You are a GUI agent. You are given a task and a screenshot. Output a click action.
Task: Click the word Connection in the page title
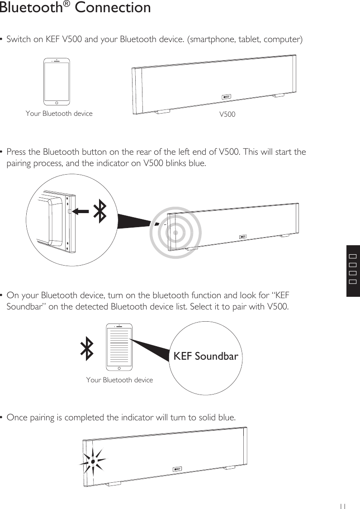(x=113, y=8)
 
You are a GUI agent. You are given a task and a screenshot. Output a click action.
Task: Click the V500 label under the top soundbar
(x=227, y=114)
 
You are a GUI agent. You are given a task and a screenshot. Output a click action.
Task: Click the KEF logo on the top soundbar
(x=226, y=97)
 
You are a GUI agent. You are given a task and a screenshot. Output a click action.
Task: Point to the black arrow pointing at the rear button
(x=81, y=211)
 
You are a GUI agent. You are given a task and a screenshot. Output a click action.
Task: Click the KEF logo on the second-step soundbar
(x=243, y=237)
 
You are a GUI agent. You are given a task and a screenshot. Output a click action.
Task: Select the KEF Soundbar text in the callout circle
(x=206, y=357)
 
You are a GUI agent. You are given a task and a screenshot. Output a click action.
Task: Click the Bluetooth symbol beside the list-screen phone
(x=87, y=348)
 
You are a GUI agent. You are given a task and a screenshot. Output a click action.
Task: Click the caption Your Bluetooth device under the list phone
(x=119, y=380)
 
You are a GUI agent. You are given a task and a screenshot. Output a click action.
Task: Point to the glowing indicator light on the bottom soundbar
(x=92, y=462)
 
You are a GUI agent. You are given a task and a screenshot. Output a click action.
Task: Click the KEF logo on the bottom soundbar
(x=178, y=468)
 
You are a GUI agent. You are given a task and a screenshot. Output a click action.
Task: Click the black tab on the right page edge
(x=353, y=270)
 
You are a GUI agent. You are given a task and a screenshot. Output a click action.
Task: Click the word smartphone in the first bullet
(x=211, y=39)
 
